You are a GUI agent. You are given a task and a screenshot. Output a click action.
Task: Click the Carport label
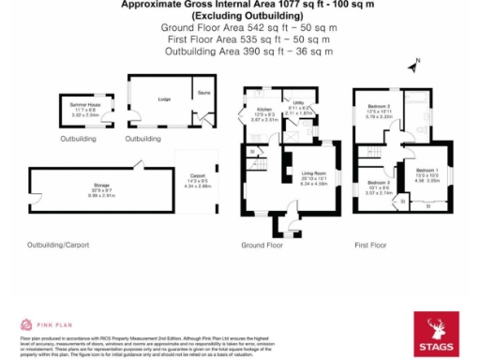(x=198, y=175)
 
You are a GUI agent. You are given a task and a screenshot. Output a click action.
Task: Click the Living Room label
(x=312, y=174)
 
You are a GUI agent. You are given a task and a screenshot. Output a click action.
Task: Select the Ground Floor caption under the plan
(x=263, y=246)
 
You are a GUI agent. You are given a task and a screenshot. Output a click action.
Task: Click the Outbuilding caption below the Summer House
(x=79, y=139)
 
